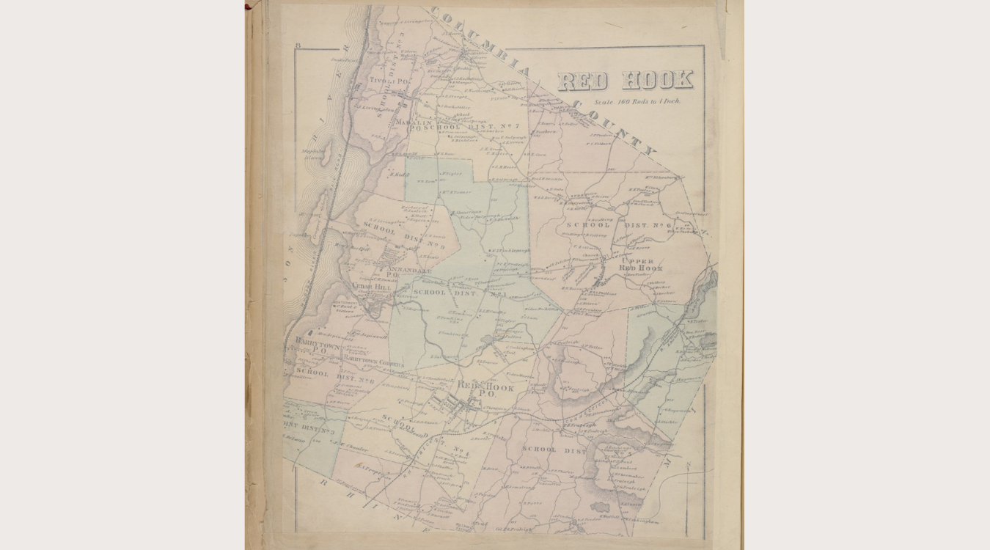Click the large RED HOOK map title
(x=625, y=80)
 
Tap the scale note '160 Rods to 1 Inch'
(x=637, y=102)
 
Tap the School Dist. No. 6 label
(x=618, y=225)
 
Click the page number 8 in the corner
(x=298, y=45)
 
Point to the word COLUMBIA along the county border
(x=480, y=41)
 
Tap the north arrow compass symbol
(x=686, y=469)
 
